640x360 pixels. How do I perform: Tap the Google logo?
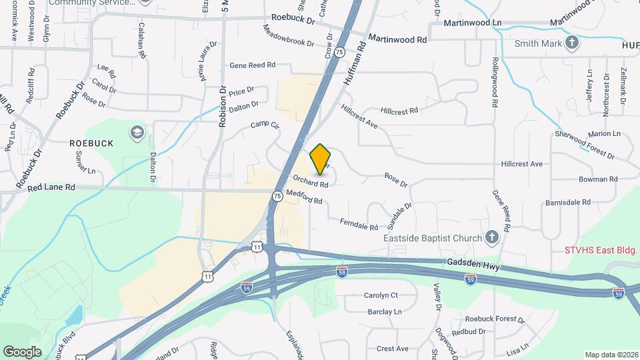coord(22,351)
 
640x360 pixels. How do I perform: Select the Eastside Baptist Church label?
coord(433,238)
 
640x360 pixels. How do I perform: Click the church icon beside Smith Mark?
coord(571,43)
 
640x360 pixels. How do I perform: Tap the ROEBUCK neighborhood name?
coord(91,143)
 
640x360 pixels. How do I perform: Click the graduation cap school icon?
coord(137,131)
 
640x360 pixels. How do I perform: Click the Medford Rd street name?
coord(304,197)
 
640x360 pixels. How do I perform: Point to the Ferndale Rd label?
coord(359,225)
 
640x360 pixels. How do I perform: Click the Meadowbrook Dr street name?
coord(288,36)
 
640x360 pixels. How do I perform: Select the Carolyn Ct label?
coord(381,295)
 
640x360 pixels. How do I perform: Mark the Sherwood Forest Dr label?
coord(585,145)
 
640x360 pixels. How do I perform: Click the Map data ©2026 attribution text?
coord(611,355)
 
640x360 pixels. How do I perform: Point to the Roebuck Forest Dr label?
coord(493,319)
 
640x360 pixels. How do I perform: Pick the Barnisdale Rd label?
coord(567,202)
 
